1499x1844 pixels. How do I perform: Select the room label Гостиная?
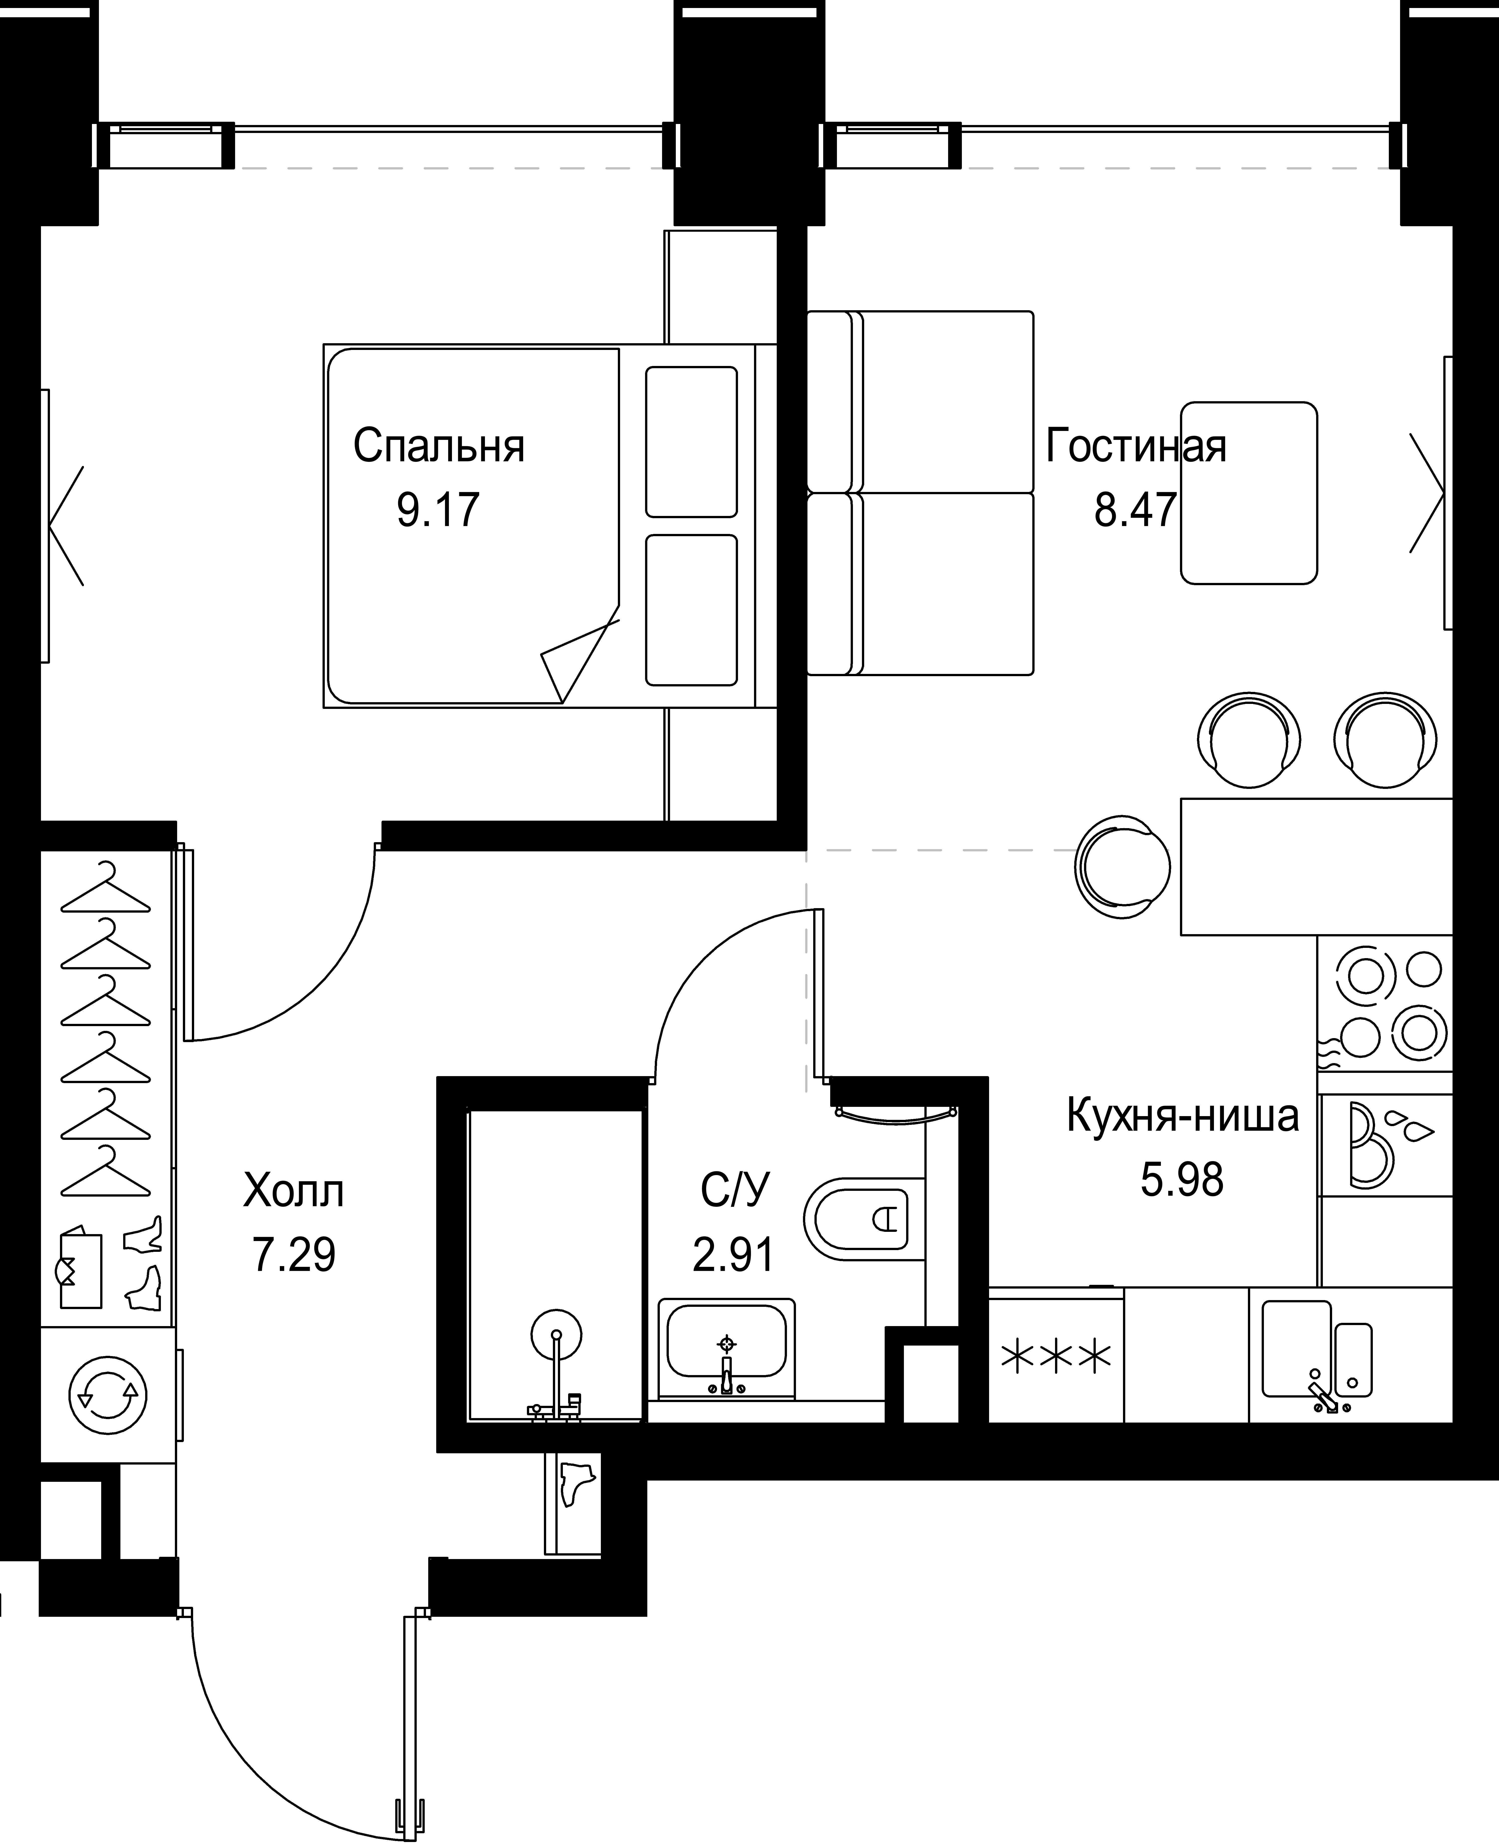(1135, 446)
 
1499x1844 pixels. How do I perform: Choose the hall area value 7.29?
(294, 1255)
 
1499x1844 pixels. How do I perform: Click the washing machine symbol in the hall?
(108, 1395)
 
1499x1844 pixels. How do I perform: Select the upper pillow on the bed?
(692, 441)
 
